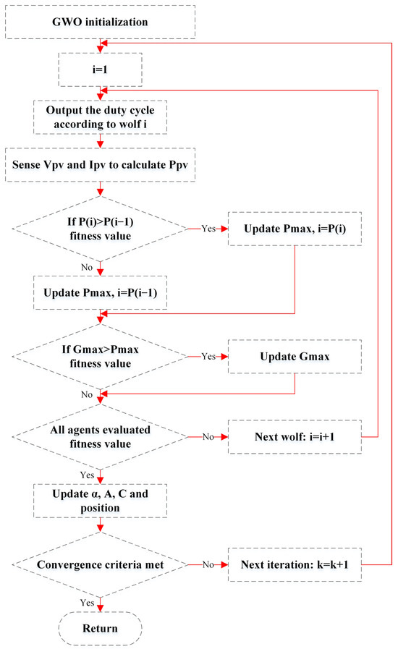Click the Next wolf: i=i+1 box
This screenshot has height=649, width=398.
pyautogui.click(x=295, y=437)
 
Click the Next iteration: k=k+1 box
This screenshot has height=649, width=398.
pyautogui.click(x=295, y=563)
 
